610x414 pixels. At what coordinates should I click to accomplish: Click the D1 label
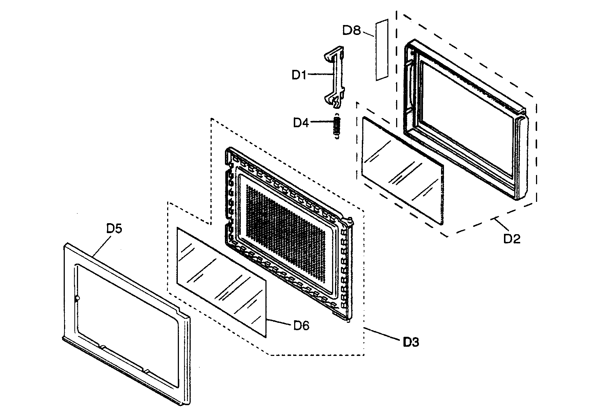[299, 75]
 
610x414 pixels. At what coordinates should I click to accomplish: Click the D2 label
[511, 239]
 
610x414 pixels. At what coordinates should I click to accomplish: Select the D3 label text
[410, 342]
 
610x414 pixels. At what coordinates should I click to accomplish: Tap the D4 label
[300, 122]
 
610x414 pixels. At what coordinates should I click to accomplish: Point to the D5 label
[114, 228]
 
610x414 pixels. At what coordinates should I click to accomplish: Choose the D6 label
[301, 325]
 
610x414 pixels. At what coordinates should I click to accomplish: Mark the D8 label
[351, 30]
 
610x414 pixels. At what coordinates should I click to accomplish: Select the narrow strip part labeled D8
[382, 50]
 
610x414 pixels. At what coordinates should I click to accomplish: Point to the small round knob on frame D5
[77, 299]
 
